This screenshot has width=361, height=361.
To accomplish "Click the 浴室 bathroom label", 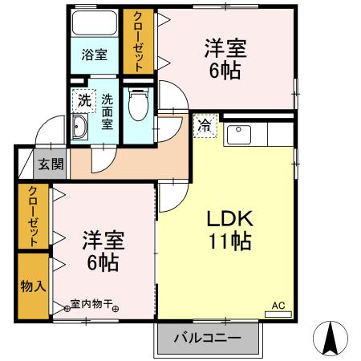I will click(x=94, y=55).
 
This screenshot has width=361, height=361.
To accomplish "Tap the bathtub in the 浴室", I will click(x=95, y=24).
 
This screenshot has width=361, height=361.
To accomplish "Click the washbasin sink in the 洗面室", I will click(x=79, y=128).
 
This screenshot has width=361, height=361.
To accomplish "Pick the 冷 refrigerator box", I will click(x=205, y=125).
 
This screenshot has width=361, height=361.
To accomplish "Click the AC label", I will click(x=278, y=305).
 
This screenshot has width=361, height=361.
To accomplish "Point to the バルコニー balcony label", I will click(x=209, y=339).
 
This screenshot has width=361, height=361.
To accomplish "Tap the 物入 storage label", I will click(x=32, y=285).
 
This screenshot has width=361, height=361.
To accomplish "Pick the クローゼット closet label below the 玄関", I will click(x=33, y=216).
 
